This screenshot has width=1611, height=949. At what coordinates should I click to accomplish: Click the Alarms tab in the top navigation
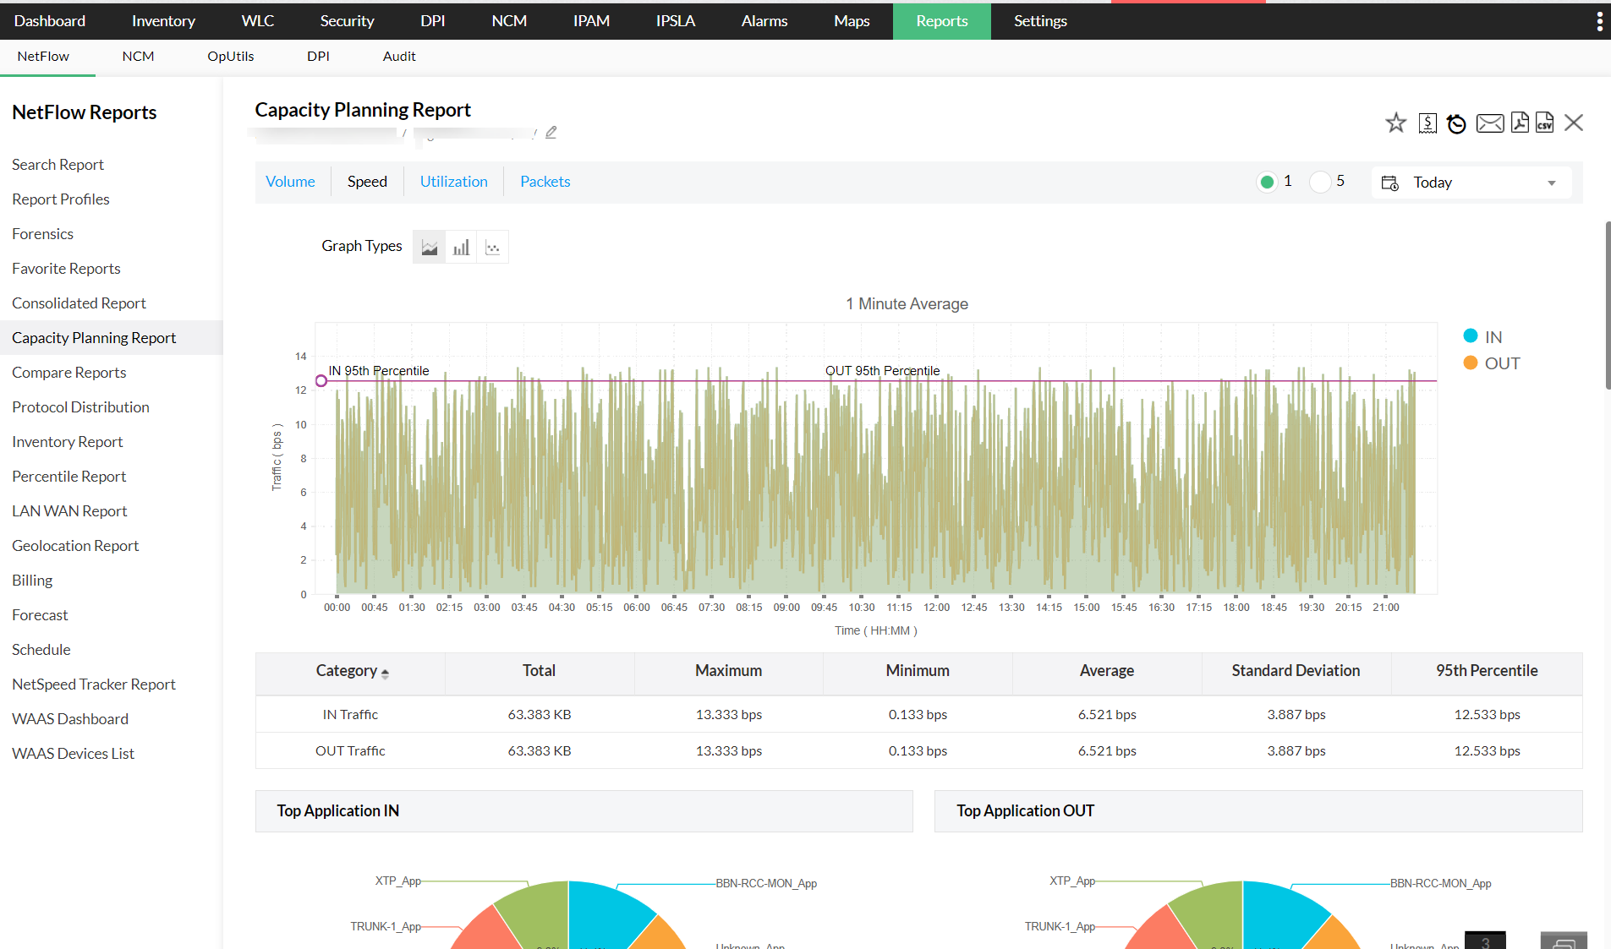point(764,21)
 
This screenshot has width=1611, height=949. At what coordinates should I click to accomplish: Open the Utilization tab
point(453,182)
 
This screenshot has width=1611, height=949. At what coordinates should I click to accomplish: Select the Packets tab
point(545,182)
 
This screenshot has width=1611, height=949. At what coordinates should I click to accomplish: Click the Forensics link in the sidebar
point(42,234)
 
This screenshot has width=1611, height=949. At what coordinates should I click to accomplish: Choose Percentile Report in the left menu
point(68,477)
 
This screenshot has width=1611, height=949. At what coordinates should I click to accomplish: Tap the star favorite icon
point(1395,123)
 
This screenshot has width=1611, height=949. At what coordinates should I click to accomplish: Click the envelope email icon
point(1489,123)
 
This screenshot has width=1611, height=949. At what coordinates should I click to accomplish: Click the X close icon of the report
point(1573,123)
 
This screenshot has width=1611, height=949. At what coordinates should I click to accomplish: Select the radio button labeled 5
point(1320,182)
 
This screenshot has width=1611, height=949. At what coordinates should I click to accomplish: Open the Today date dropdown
point(1471,183)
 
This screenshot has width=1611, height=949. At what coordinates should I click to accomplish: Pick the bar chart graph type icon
point(461,248)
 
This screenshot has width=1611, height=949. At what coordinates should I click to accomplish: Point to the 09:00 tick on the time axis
point(786,607)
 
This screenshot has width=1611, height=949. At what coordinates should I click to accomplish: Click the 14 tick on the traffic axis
point(301,357)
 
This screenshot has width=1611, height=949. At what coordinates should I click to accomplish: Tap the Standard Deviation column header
point(1296,671)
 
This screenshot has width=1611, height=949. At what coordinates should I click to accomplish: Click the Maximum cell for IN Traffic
point(728,715)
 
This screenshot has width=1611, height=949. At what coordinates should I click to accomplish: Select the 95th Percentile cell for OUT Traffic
point(1487,751)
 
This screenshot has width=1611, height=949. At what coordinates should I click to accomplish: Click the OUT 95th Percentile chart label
point(882,371)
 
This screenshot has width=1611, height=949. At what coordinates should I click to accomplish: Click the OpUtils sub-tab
point(230,57)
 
